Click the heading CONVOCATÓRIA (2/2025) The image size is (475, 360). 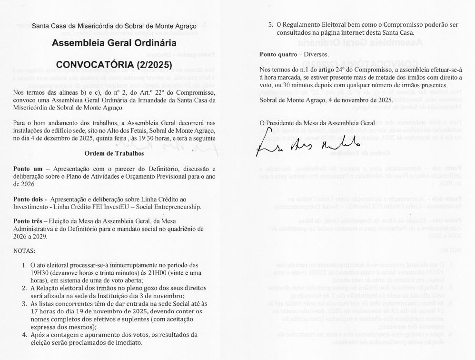coord(114,64)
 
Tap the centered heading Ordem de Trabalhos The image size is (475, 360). coord(114,154)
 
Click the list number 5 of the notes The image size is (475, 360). coord(270,25)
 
